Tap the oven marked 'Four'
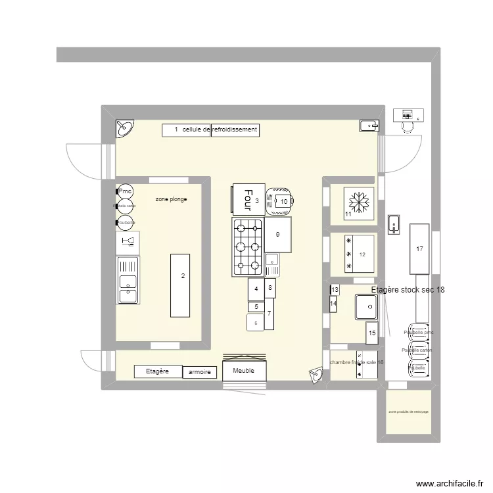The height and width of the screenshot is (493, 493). [x=248, y=199]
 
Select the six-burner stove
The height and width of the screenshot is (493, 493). [x=246, y=246]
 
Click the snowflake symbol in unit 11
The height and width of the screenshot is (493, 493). [x=360, y=200]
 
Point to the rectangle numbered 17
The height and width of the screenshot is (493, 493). [x=419, y=249]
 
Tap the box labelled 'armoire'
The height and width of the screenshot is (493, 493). [x=199, y=372]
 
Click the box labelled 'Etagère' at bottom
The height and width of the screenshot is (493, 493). [x=158, y=371]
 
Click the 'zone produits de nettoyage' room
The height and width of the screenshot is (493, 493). [x=408, y=411]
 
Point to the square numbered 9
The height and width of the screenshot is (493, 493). [x=278, y=235]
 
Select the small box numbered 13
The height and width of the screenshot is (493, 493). [x=335, y=290]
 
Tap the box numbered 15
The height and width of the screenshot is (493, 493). [x=371, y=333]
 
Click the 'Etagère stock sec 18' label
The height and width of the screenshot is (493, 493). [x=408, y=290]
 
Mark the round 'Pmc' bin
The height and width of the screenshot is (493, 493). [x=125, y=191]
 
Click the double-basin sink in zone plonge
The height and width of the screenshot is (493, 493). [x=128, y=280]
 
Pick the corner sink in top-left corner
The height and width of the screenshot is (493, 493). [x=125, y=129]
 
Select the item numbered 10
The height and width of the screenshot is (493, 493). [x=281, y=202]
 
